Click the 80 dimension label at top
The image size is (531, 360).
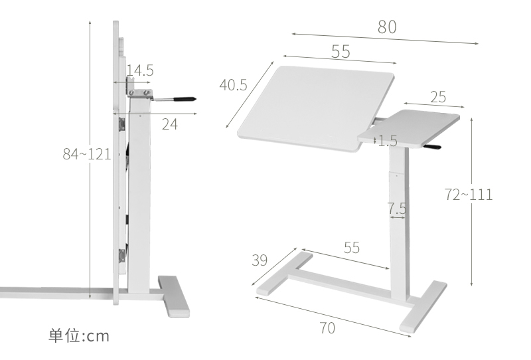pos(387,27)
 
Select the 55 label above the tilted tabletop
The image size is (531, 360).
pos(340,52)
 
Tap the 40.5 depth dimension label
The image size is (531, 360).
pos(233,85)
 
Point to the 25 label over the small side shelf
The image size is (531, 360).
pos(438,98)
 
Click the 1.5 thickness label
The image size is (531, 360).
pos(387,141)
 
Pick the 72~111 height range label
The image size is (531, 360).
pos(469,195)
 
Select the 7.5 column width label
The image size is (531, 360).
pos(397,209)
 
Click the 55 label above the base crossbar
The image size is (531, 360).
pos(352,248)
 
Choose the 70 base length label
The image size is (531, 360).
pos(327,328)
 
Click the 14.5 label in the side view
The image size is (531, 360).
pos(140,70)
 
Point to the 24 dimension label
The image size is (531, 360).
pos(170,124)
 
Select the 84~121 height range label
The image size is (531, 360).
pos(86,154)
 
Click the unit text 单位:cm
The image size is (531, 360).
pos(78,335)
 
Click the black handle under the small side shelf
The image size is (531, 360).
pos(433,148)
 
